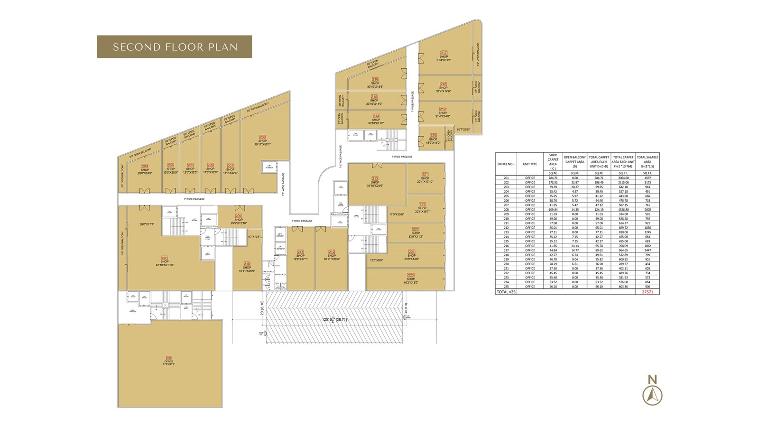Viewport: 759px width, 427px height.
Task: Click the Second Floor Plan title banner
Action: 174,46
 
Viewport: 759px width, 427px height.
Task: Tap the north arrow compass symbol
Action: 652,390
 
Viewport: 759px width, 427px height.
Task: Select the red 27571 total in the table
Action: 648,292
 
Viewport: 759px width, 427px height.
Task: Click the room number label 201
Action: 168,358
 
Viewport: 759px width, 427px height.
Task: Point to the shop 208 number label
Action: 262,137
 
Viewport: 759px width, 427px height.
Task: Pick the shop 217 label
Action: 444,53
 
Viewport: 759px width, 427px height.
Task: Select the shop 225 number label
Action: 411,275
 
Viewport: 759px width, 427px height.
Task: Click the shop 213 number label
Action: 375,178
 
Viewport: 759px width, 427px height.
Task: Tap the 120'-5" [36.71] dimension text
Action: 334,319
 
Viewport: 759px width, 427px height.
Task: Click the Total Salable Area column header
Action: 648,161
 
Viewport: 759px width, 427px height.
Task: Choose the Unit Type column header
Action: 530,164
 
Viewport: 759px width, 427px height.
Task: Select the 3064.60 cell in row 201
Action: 623,178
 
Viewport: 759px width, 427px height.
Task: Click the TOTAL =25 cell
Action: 506,292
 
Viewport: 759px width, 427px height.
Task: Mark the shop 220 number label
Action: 433,136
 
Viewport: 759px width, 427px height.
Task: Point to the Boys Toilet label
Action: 280,275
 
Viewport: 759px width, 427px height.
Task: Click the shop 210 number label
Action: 247,264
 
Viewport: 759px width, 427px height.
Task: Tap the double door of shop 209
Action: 240,207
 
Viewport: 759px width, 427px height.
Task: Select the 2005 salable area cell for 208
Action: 648,210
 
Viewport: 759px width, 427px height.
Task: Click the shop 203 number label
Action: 145,166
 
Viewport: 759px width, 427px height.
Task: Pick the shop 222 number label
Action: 422,204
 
